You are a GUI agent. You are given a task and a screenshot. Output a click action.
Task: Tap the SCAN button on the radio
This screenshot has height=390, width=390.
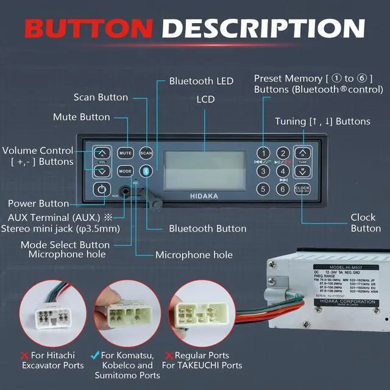146,153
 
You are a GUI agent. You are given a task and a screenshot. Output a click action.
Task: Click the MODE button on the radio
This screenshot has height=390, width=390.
126,171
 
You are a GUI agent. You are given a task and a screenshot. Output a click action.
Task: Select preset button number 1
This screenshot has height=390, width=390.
263,153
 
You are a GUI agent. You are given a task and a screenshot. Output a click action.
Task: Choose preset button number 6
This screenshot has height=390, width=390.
282,189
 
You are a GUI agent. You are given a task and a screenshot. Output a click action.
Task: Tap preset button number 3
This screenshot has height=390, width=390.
263,171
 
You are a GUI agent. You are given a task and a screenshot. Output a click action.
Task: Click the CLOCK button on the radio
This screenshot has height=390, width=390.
303,190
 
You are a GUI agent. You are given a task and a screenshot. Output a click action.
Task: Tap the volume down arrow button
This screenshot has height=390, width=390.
102,171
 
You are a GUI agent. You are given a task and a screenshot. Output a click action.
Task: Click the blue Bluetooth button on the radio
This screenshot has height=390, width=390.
146,171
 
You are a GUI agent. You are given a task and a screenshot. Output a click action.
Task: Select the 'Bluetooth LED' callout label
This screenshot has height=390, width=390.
201,81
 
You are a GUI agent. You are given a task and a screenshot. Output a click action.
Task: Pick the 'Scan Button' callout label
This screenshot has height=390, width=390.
101,97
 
